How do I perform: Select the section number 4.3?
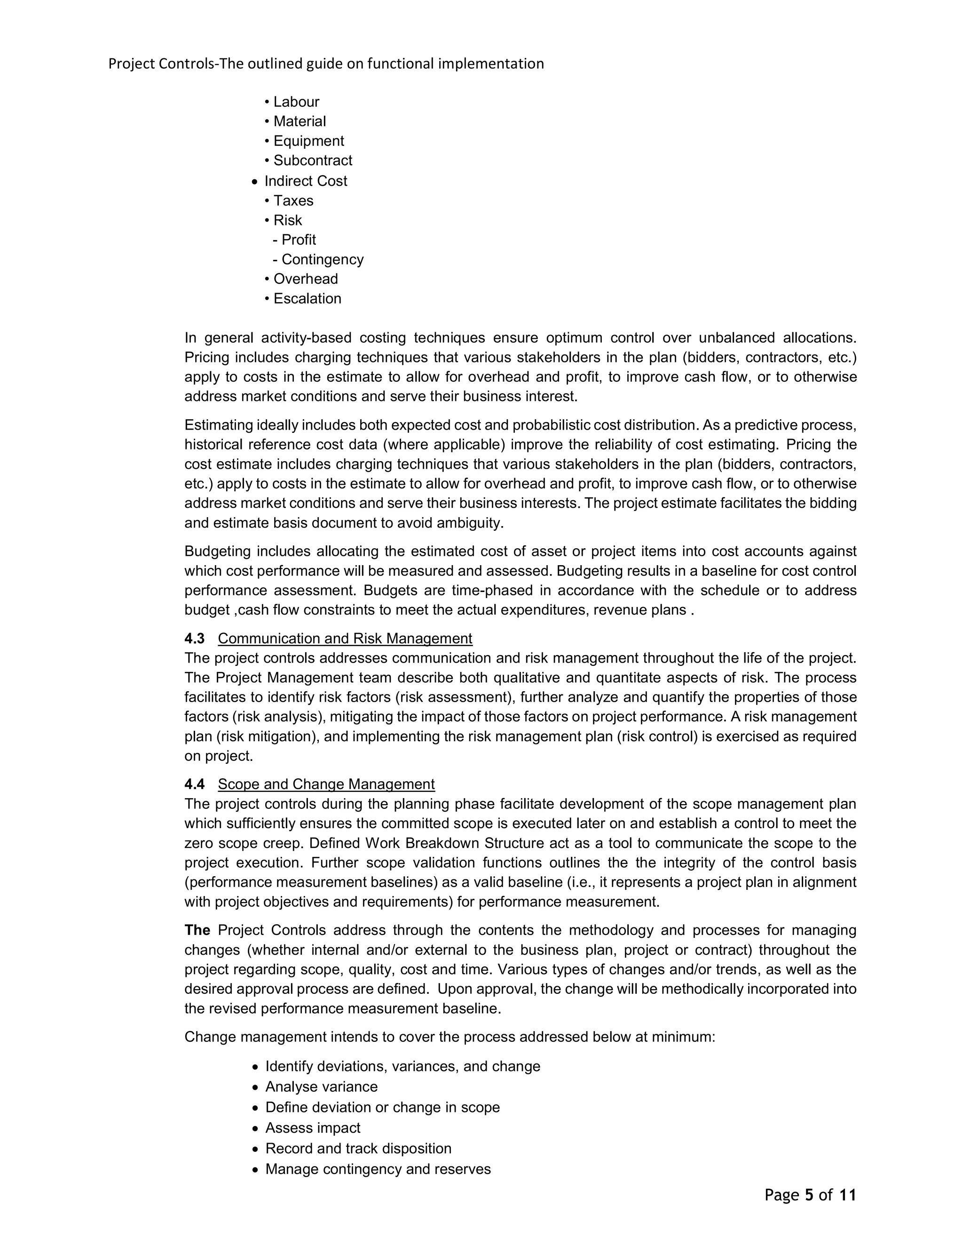point(195,639)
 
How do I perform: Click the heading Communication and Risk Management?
point(345,639)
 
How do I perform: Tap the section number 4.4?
point(195,784)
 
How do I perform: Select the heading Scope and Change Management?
point(326,784)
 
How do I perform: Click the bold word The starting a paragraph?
point(197,930)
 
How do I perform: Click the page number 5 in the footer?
point(808,1195)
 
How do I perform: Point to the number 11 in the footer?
point(848,1195)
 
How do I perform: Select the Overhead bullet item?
point(305,279)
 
